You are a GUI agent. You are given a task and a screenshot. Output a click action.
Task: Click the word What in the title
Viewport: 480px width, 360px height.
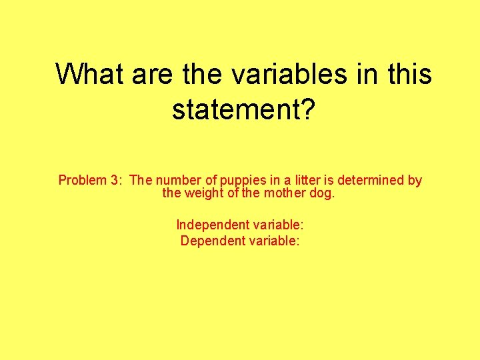pos(90,74)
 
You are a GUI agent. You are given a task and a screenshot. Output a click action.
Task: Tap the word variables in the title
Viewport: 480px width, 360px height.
pos(289,74)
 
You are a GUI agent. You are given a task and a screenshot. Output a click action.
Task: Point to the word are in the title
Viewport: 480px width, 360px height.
pos(152,74)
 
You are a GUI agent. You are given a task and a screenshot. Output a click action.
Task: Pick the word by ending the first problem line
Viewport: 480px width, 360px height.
pos(415,181)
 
